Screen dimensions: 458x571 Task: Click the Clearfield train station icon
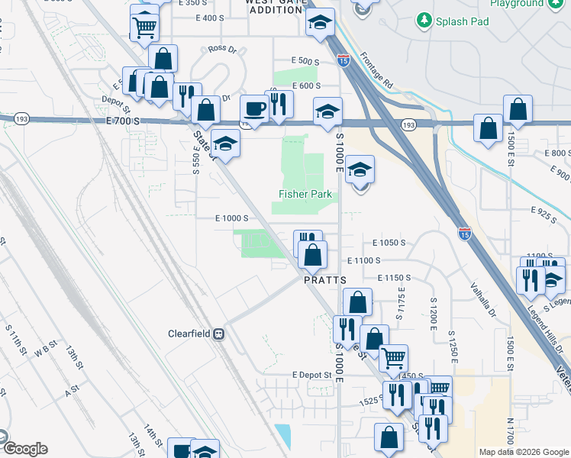[x=218, y=334]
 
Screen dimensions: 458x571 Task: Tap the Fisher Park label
[x=305, y=194]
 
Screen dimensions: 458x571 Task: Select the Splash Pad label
[x=463, y=21]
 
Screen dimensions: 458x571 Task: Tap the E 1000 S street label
[x=231, y=218]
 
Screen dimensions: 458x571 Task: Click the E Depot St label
[x=312, y=375]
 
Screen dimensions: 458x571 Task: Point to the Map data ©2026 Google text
[x=523, y=452]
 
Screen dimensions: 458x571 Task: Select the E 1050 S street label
[x=389, y=242]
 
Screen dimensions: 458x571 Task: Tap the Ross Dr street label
[x=223, y=48]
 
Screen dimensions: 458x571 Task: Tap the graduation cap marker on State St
[x=225, y=143]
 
